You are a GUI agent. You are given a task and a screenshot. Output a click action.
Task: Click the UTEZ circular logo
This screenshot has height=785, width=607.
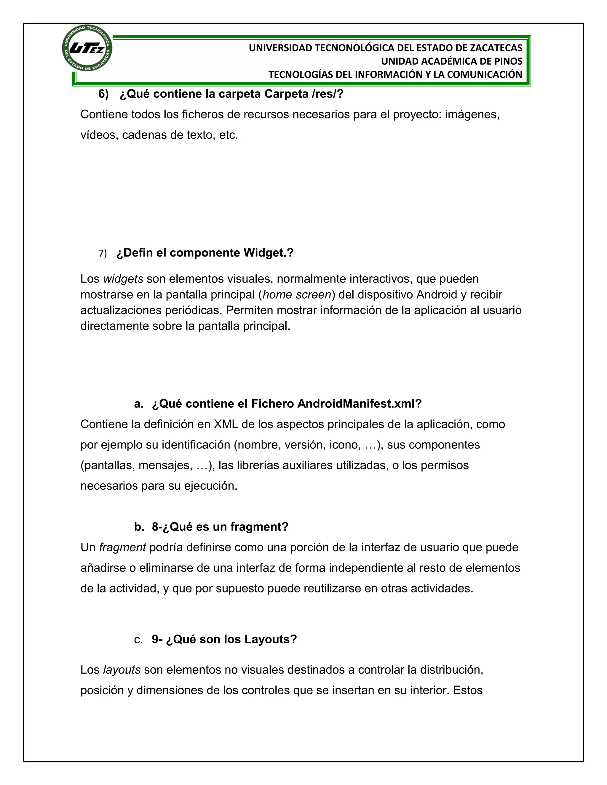(x=87, y=48)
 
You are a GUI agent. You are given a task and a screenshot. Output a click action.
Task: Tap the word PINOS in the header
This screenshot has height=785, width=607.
(x=508, y=61)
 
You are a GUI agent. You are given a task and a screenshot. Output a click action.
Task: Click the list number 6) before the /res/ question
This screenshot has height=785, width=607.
(x=103, y=94)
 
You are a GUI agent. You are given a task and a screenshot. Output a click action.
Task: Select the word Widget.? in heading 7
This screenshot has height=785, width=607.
(x=268, y=253)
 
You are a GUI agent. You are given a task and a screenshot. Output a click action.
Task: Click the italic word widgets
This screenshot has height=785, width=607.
(x=123, y=279)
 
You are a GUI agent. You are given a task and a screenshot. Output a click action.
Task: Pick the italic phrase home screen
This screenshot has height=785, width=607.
(x=297, y=295)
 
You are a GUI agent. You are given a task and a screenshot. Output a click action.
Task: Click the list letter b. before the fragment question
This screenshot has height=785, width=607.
(x=139, y=527)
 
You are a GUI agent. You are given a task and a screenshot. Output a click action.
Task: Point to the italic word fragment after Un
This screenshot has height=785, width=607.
(x=122, y=547)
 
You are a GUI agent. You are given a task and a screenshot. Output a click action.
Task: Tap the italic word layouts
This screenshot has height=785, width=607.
(x=122, y=670)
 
